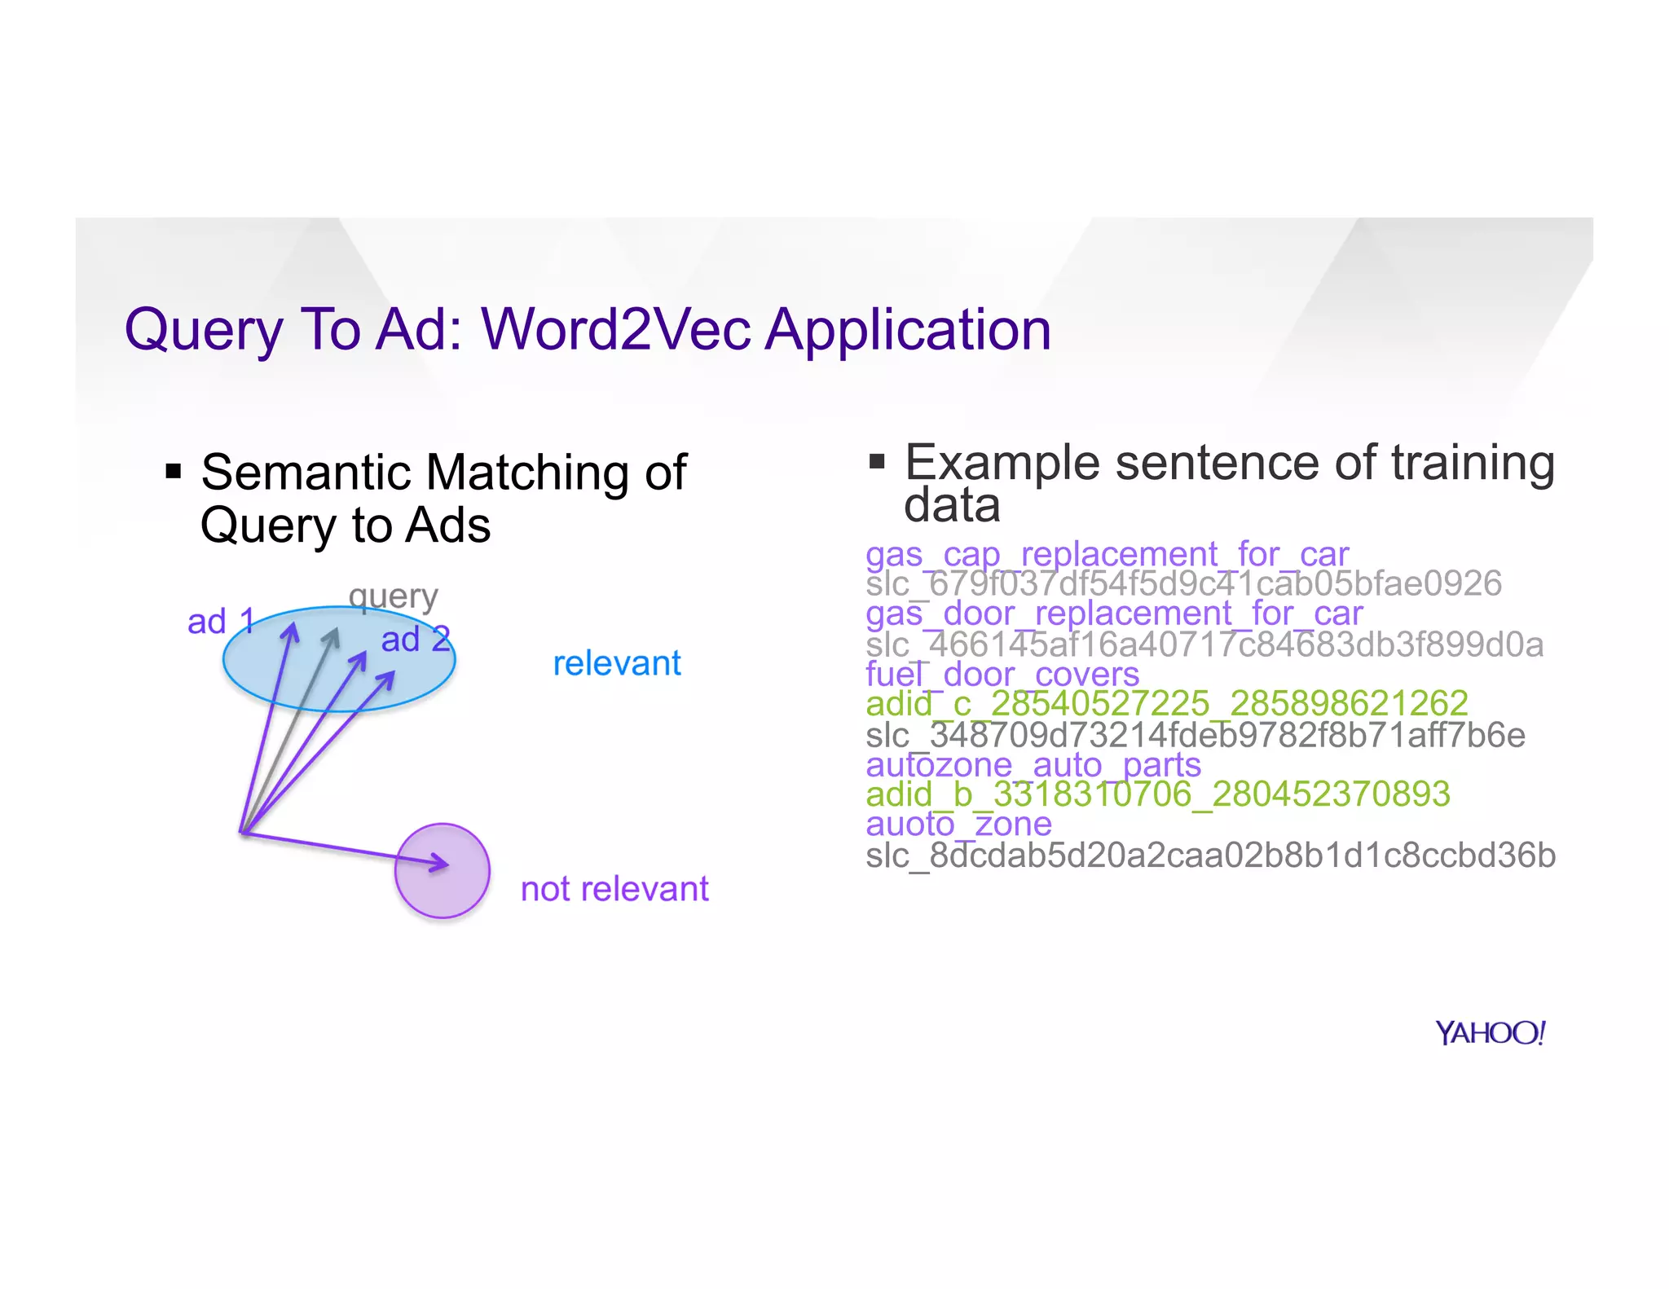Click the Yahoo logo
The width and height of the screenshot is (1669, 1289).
coord(1490,1032)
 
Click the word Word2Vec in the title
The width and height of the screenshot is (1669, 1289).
coord(616,330)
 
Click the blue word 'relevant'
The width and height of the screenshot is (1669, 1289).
coord(617,663)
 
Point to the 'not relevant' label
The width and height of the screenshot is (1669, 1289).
coord(614,889)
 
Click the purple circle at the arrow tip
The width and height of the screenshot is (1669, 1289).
coord(442,870)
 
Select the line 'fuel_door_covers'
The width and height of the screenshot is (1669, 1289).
coord(1002,675)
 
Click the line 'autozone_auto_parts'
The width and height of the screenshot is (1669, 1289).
coord(1033,765)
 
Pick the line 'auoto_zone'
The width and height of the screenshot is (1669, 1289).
coord(958,824)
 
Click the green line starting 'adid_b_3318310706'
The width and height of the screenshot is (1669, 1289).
coord(1157,794)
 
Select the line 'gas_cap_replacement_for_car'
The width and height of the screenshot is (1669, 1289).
coord(1107,555)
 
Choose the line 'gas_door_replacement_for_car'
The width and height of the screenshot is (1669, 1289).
coord(1113,614)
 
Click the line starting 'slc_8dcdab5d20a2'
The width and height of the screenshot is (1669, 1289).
coord(1210,856)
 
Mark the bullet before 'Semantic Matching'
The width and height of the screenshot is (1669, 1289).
coord(173,471)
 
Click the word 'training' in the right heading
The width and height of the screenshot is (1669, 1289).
coord(1473,463)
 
